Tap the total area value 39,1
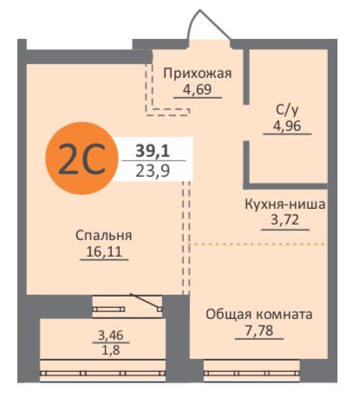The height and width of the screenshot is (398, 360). pos(153,150)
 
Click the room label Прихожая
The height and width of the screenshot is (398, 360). pos(198,73)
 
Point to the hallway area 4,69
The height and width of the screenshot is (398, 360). pos(198,89)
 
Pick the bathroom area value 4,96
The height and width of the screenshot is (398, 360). pos(285,126)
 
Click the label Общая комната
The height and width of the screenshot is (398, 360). pos(259,314)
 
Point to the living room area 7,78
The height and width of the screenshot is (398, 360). pos(259,330)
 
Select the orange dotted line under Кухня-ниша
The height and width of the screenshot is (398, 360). pos(260,245)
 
